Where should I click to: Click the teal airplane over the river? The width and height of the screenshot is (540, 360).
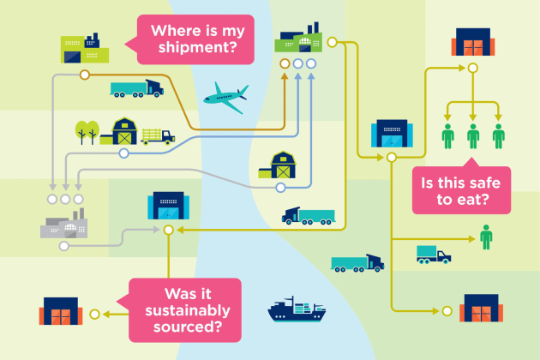coord(226,98)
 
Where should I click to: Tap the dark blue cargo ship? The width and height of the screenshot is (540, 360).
coord(297,309)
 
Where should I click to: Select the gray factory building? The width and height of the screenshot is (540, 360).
coord(64,224)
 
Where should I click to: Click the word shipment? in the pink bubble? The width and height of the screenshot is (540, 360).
coord(198,47)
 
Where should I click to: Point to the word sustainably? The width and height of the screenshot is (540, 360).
coord(188,311)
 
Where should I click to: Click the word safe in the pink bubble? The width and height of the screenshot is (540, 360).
coord(481,183)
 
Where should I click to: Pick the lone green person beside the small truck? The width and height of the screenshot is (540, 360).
coord(486,237)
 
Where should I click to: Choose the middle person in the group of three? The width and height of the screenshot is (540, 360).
coord(473,136)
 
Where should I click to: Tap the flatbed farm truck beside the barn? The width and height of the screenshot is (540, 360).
coord(158,136)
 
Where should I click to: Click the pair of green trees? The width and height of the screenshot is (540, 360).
coord(87,132)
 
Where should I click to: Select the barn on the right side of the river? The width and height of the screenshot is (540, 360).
coord(277,165)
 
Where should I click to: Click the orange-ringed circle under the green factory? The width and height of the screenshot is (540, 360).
coord(285,63)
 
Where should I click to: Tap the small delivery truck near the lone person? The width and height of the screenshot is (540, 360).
coord(434,255)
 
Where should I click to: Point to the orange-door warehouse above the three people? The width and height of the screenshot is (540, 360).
coord(473,42)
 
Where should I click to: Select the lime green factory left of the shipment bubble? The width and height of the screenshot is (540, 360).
coord(85,48)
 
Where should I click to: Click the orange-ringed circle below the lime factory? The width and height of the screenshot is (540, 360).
coord(84,75)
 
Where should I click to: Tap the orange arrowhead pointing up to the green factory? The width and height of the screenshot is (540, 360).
coord(285,76)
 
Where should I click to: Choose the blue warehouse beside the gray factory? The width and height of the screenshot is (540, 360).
coord(168,206)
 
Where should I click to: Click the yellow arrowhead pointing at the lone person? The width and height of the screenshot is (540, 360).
coord(471,239)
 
